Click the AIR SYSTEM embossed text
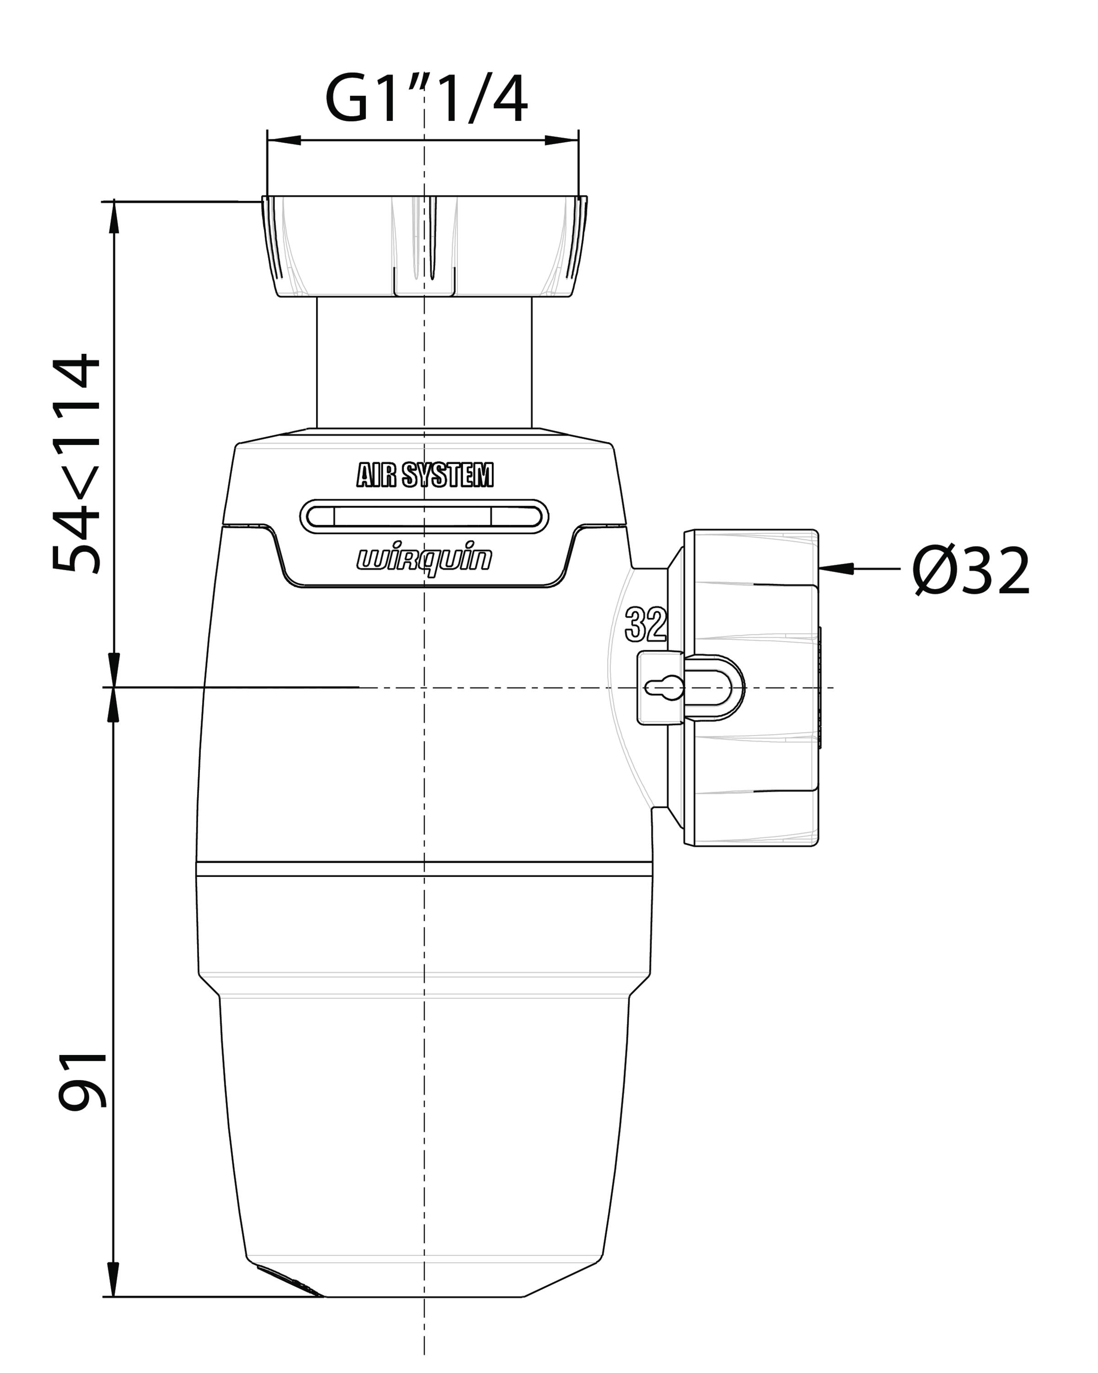pyautogui.click(x=425, y=475)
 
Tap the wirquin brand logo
pyautogui.click(x=424, y=560)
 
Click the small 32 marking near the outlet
pyautogui.click(x=646, y=625)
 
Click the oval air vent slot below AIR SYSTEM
pyautogui.click(x=425, y=516)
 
